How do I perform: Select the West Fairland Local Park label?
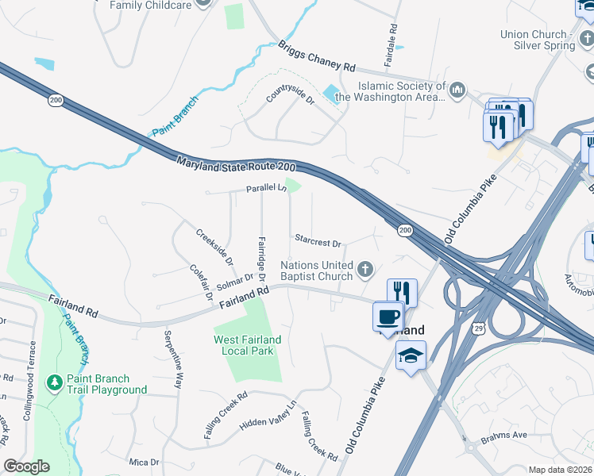coord(248,345)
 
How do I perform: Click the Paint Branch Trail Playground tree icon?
coord(55,382)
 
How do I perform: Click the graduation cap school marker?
coord(411,356)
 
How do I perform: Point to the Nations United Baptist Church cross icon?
coord(365,271)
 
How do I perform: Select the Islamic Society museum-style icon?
coord(457,91)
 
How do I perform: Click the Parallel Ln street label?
coord(265,188)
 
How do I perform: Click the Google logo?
coord(26,466)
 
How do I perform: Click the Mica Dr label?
coord(144,461)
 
